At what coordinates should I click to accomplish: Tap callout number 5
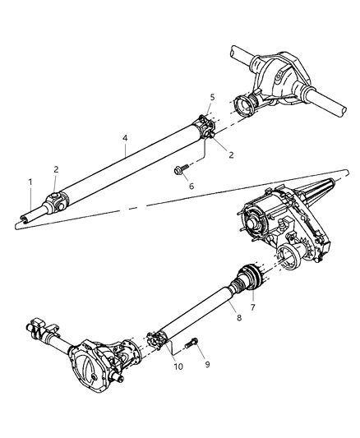[211, 97]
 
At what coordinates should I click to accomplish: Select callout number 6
[191, 186]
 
